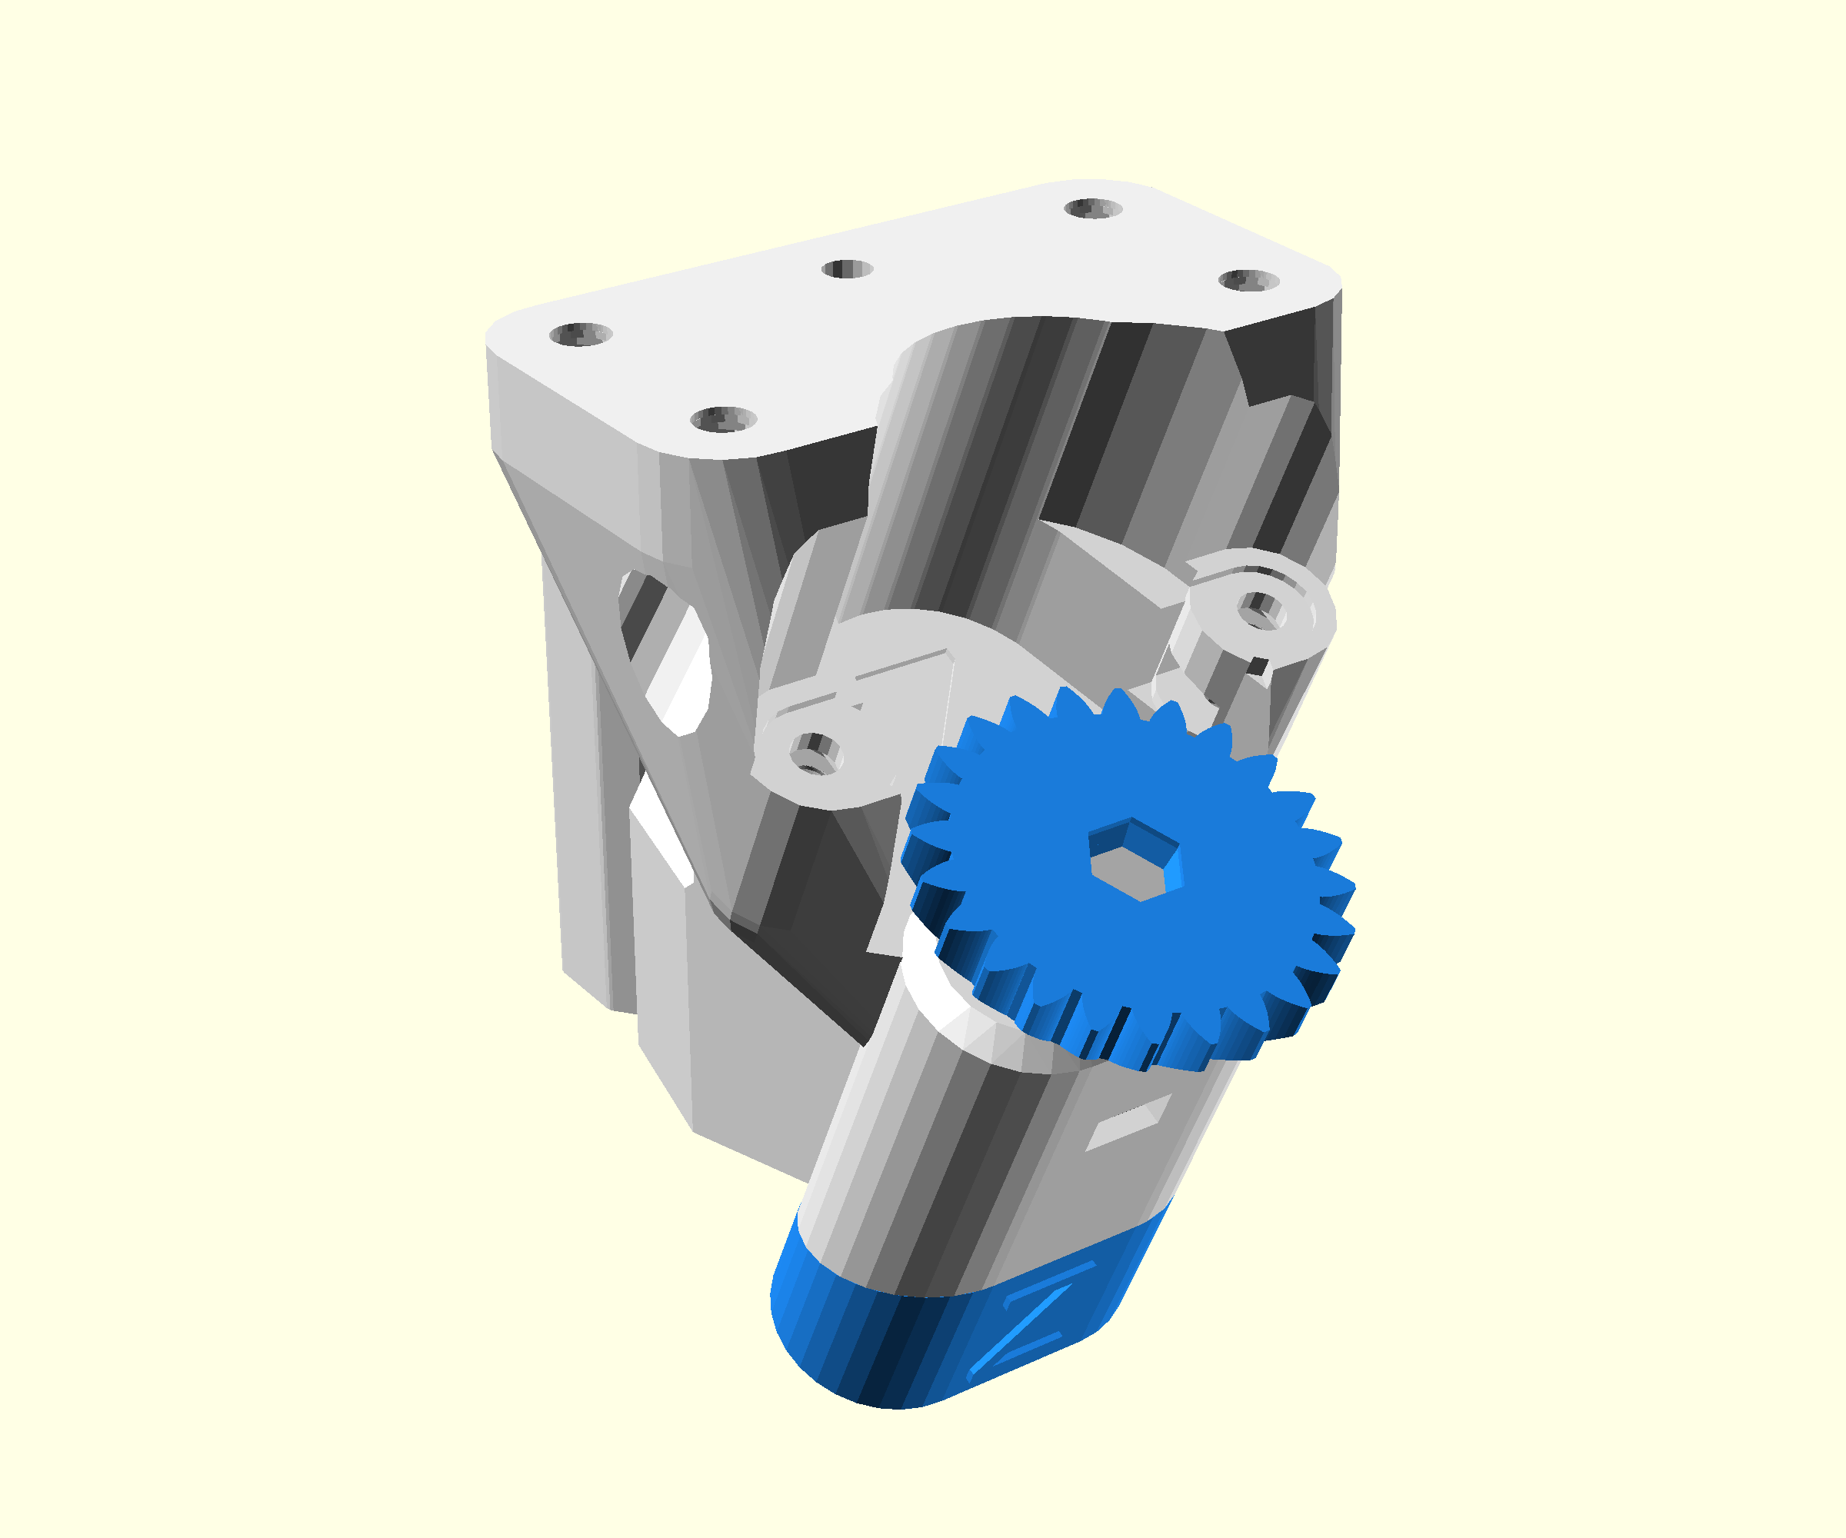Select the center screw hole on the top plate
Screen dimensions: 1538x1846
848,269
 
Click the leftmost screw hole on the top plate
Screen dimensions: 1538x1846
580,334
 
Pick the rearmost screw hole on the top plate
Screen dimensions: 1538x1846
1093,208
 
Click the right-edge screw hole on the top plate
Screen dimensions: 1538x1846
1248,281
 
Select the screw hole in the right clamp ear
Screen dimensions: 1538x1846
1262,608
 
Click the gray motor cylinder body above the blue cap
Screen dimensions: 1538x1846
949,1169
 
